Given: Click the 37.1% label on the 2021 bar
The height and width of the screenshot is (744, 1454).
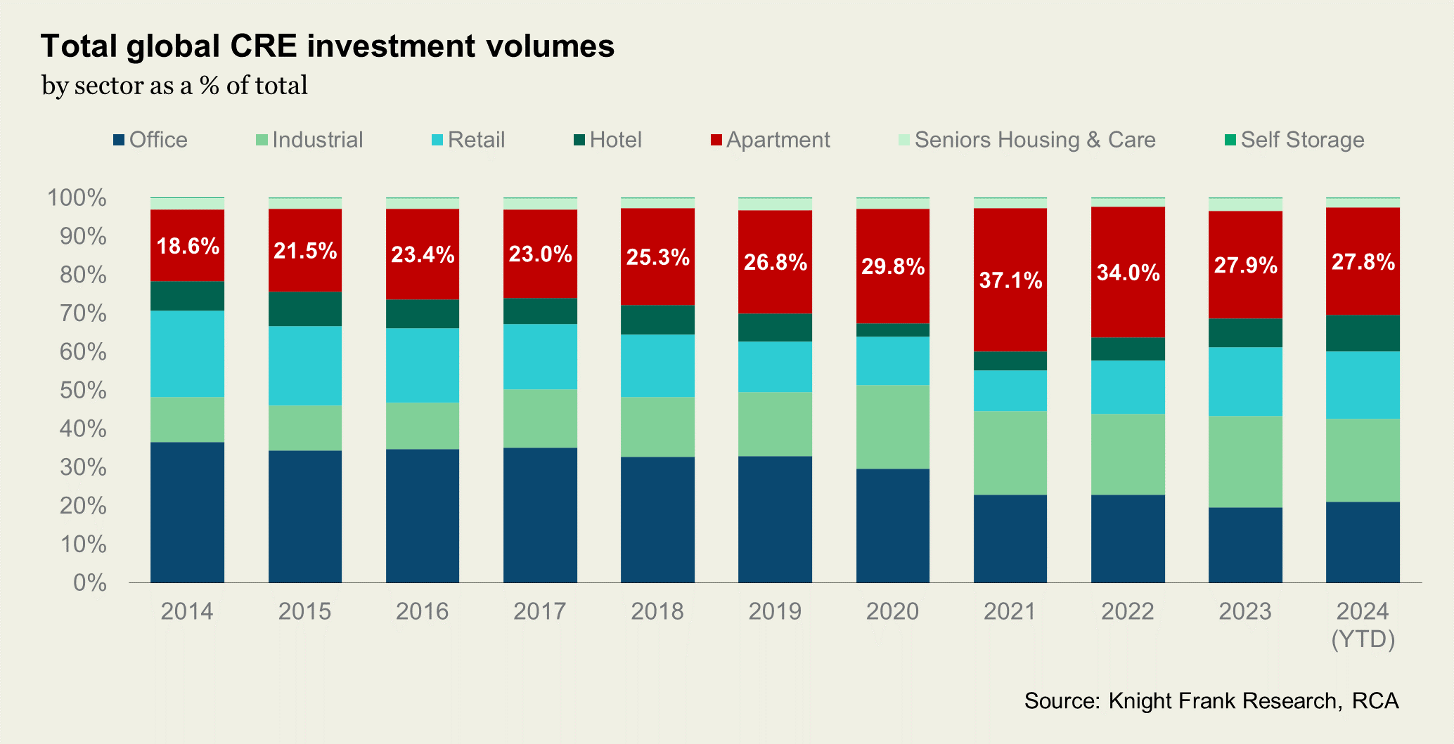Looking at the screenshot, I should (x=1010, y=280).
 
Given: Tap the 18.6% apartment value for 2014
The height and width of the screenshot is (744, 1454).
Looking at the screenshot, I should (x=188, y=246).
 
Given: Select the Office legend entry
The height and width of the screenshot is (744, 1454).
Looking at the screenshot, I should (x=150, y=140).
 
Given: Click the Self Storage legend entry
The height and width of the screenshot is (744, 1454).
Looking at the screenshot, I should (x=1294, y=140).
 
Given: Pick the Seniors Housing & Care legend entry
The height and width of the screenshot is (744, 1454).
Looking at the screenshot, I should (x=1027, y=140).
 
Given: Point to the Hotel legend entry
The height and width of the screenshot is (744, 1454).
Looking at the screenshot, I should (x=608, y=140).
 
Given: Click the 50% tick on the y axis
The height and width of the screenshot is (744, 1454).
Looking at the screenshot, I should (x=83, y=390).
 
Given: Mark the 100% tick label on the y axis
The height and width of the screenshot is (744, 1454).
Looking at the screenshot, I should (x=77, y=198).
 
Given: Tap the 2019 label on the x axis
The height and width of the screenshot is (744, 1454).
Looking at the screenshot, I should (x=775, y=611).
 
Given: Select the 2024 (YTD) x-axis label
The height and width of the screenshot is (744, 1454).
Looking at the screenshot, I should (x=1363, y=625).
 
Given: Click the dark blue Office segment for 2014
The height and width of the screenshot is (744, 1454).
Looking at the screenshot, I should (x=188, y=512).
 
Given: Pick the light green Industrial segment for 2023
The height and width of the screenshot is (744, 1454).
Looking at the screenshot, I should (x=1245, y=462).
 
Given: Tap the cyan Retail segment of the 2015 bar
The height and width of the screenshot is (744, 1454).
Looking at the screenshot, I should (x=305, y=365).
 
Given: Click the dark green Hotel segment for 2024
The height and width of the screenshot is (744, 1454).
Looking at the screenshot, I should (x=1363, y=333).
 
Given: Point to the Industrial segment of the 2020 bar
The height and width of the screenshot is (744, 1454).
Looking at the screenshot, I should (x=893, y=426).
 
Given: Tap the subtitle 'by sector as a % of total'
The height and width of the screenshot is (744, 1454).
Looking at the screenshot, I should (x=174, y=86).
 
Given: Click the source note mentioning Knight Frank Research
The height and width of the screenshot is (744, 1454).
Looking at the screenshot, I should (x=1211, y=700).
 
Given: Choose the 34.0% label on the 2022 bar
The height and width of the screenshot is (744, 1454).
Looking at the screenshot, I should (x=1128, y=272).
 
